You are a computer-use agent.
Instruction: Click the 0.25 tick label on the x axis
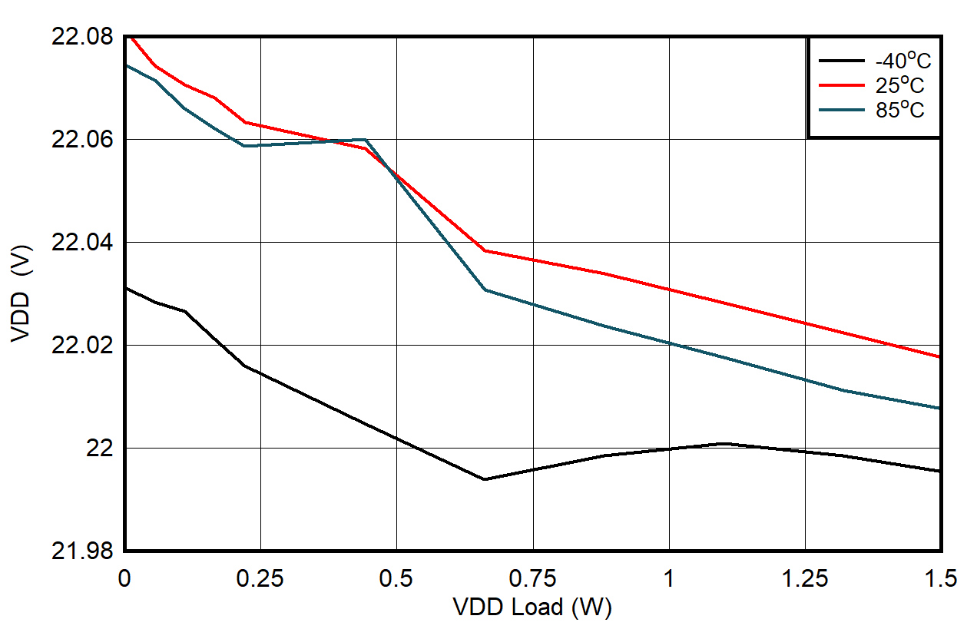pos(260,578)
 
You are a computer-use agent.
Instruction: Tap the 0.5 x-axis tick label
pos(396,578)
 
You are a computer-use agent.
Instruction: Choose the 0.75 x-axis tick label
pos(532,578)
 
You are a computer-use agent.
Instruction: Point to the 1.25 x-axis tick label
pos(804,578)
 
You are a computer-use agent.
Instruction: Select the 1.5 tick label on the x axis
pos(940,578)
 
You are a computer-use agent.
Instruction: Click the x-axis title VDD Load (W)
pos(532,607)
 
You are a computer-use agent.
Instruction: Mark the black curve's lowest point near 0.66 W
pos(484,479)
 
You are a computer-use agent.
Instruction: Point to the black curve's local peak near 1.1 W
pos(724,443)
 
